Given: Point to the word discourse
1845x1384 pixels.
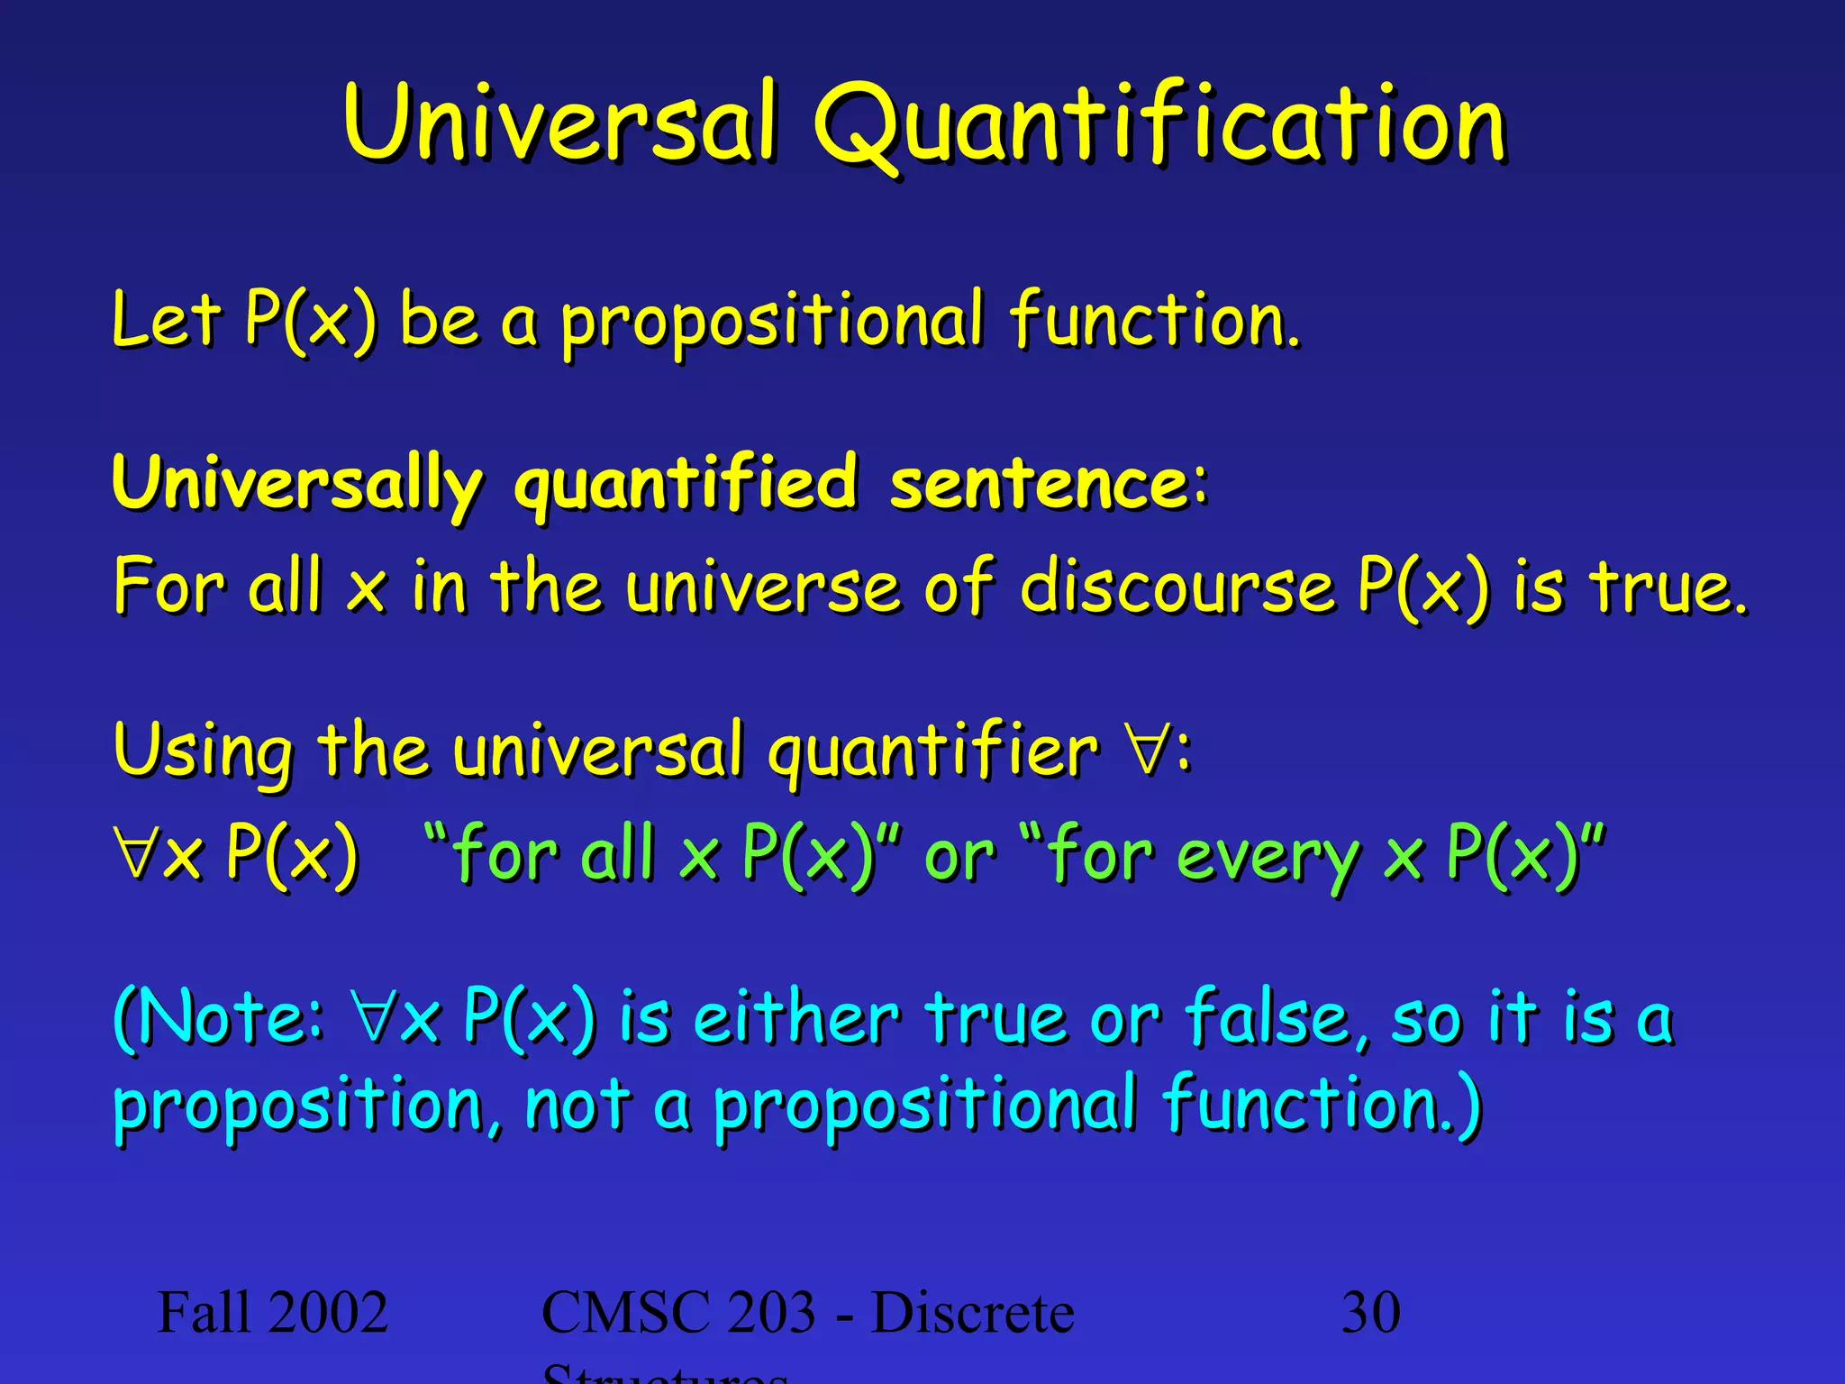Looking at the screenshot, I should click(x=1177, y=587).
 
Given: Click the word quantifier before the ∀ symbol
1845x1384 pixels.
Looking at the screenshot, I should click(x=933, y=753).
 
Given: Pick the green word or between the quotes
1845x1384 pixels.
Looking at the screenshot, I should click(x=959, y=858).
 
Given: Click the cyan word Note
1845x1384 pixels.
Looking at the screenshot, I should click(x=225, y=1018).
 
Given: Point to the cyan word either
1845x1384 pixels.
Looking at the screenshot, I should click(x=796, y=1018).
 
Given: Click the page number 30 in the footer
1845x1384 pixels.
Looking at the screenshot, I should click(x=1370, y=1313).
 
